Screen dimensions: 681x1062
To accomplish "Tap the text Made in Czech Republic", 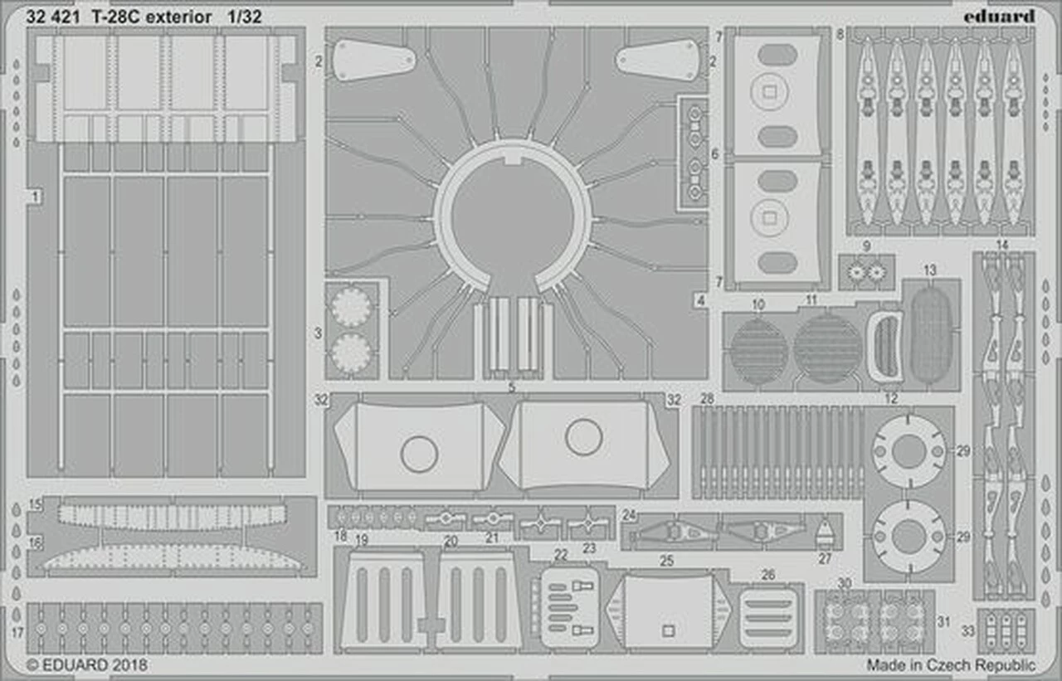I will [x=951, y=664].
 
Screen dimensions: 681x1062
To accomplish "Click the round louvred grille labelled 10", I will [x=758, y=351].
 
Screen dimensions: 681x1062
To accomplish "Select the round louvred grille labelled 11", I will [x=827, y=348].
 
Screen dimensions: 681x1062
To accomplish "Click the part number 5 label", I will [x=512, y=387].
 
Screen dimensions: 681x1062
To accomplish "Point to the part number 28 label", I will [x=706, y=399].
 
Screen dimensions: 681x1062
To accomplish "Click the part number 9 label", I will [x=866, y=246].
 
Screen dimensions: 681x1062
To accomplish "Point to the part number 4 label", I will [x=701, y=300].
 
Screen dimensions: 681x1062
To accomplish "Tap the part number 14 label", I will [x=1002, y=245].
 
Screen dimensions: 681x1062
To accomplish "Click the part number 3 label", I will [x=318, y=333].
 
